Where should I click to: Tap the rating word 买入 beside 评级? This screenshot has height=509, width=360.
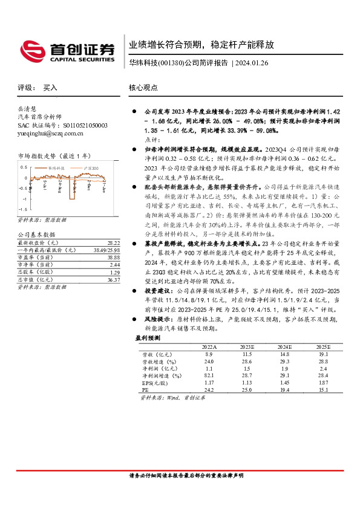pos(50,88)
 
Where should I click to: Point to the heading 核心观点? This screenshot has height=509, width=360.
pos(143,88)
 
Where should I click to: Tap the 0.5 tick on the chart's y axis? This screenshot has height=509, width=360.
pos(24,166)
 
